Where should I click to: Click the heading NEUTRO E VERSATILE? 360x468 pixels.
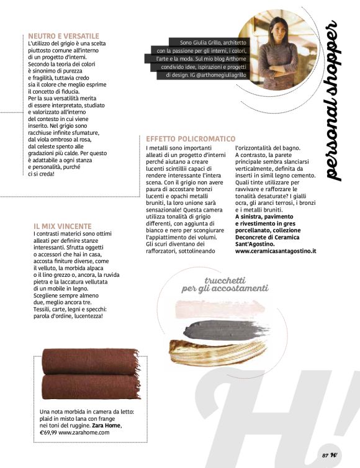click(64, 36)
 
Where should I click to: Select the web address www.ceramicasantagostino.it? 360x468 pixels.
click(276, 251)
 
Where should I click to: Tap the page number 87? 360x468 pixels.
click(325, 455)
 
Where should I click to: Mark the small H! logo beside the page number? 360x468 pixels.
click(335, 454)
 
